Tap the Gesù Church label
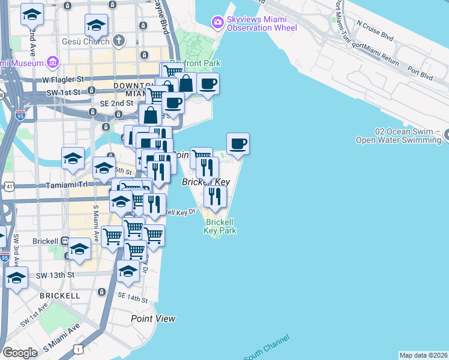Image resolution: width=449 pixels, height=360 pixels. click(86, 41)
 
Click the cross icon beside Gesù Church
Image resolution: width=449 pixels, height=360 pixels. click(119, 41)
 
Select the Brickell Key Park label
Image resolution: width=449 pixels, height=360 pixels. click(220, 226)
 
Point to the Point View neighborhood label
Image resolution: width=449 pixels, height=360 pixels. click(153, 319)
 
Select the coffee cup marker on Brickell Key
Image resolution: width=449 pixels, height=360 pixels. click(238, 144)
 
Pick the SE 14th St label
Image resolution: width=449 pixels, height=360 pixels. click(133, 298)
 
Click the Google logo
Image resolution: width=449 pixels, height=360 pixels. click(20, 353)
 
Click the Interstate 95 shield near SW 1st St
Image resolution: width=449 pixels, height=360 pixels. click(20, 113)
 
